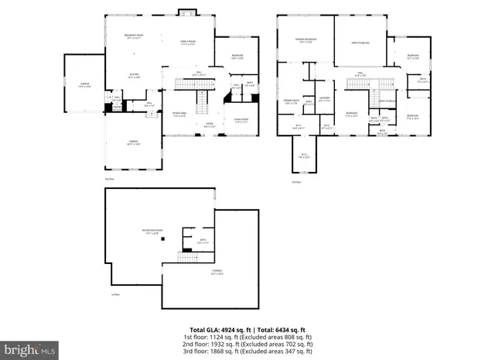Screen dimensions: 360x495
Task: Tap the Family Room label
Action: click(x=188, y=43)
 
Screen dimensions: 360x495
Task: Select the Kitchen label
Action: click(x=133, y=76)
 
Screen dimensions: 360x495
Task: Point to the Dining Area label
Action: click(x=179, y=115)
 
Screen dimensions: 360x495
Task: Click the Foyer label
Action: click(x=208, y=124)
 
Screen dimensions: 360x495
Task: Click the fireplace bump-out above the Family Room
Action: click(x=188, y=11)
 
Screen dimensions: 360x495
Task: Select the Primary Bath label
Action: click(x=291, y=101)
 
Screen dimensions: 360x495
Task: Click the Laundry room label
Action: click(x=325, y=99)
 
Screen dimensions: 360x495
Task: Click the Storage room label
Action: click(x=217, y=272)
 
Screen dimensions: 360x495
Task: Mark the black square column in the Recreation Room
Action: click(x=163, y=241)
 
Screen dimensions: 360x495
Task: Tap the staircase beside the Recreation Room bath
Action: click(x=186, y=256)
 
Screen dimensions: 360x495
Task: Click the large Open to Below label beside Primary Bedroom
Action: click(x=360, y=43)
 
